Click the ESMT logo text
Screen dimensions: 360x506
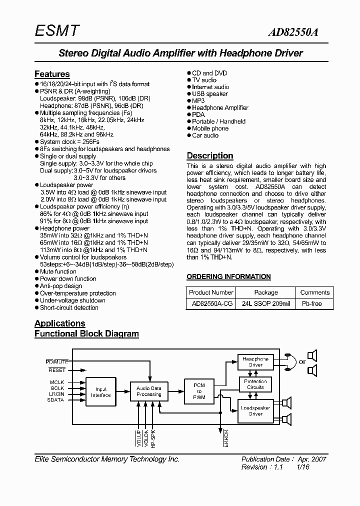click(x=56, y=31)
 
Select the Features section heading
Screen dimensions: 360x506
click(x=52, y=74)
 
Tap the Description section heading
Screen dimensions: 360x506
click(x=210, y=155)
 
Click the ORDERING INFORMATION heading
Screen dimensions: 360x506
click(x=228, y=276)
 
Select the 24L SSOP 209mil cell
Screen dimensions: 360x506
click(x=266, y=303)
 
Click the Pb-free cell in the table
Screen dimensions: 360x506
click(x=311, y=303)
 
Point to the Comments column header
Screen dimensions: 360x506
click(x=315, y=292)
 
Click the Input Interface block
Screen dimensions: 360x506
click(x=100, y=391)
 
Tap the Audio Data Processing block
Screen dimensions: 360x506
click(x=149, y=391)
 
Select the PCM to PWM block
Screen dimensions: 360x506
click(x=199, y=391)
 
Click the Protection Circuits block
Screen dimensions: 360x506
click(x=255, y=384)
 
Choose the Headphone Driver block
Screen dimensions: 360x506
click(x=255, y=361)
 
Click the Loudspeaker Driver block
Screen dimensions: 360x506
click(x=255, y=410)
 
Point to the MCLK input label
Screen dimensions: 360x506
click(x=56, y=382)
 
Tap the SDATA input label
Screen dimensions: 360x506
click(x=56, y=400)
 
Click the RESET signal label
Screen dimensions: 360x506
click(x=56, y=370)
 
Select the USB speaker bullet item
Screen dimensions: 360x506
click(x=209, y=93)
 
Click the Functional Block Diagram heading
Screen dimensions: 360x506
click(x=86, y=333)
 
